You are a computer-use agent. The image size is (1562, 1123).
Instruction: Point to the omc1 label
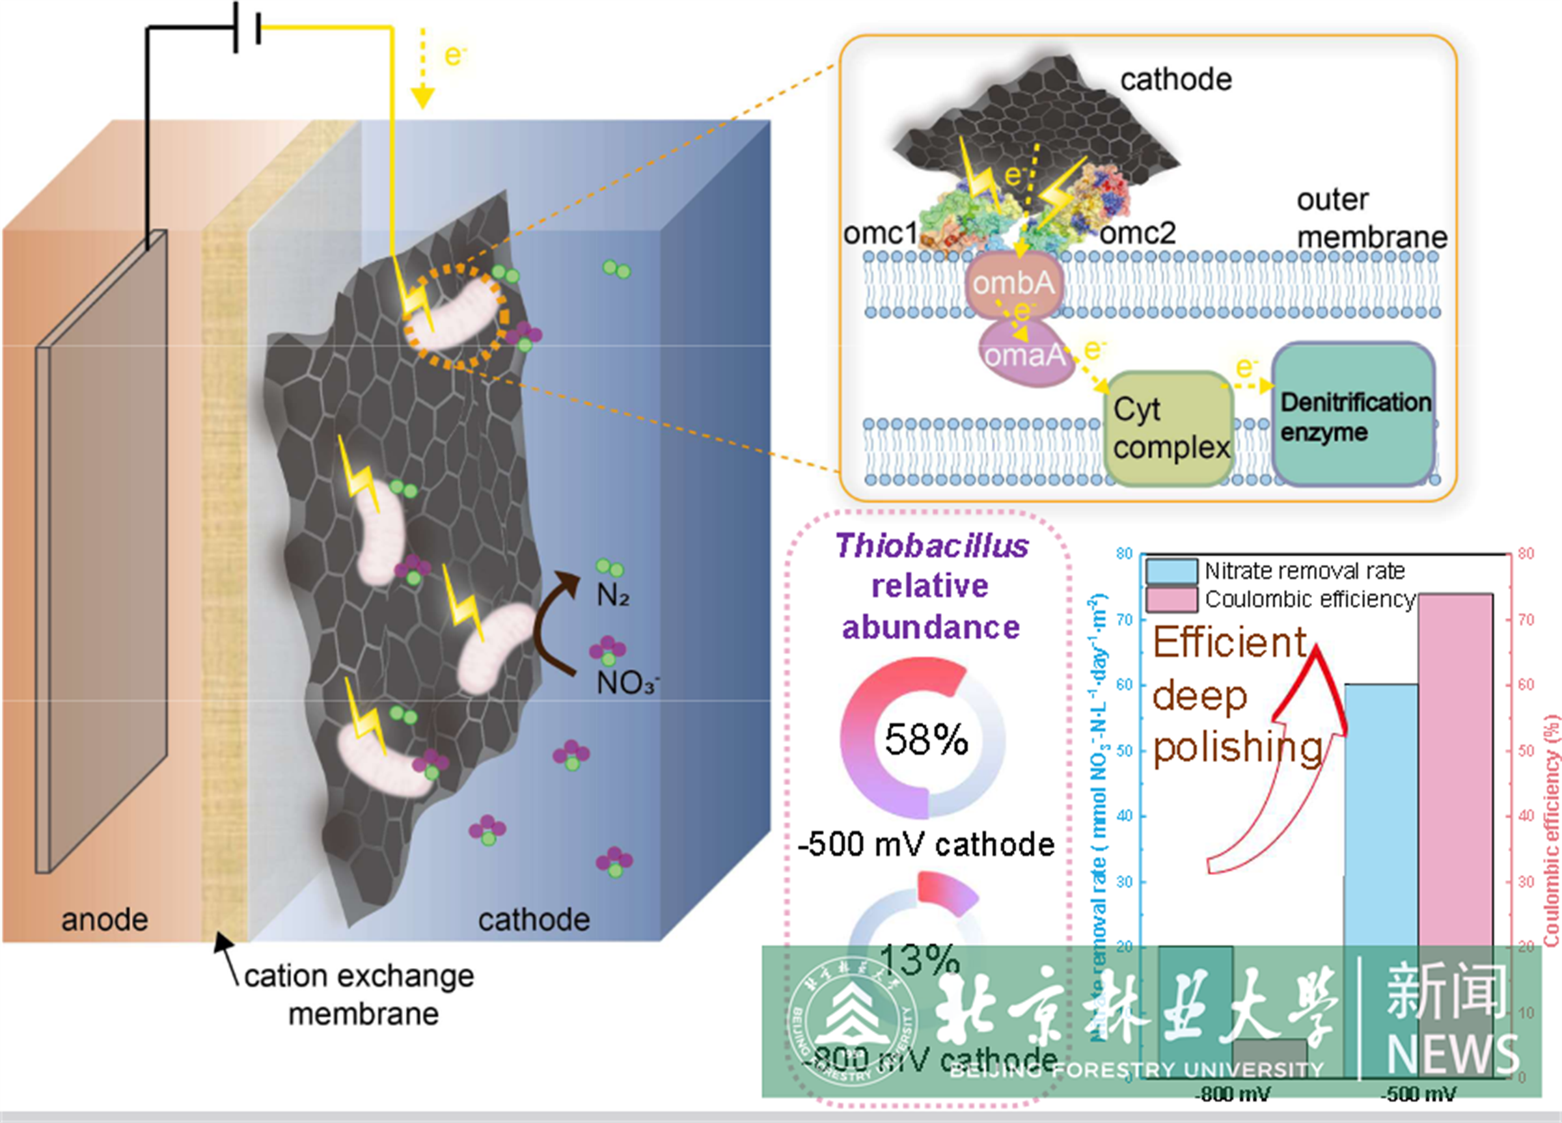880,234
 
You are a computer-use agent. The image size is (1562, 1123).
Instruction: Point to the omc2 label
1137,234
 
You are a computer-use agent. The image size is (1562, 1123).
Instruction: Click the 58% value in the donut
925,740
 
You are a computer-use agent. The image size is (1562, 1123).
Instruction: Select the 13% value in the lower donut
919,958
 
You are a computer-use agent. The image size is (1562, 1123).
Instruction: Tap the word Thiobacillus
932,546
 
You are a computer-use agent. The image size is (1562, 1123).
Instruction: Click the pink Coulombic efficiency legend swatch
1171,600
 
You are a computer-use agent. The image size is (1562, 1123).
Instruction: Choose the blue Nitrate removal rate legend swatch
1171,571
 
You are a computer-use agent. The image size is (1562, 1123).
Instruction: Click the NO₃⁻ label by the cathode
627,683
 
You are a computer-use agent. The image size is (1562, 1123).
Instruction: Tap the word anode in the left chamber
105,920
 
